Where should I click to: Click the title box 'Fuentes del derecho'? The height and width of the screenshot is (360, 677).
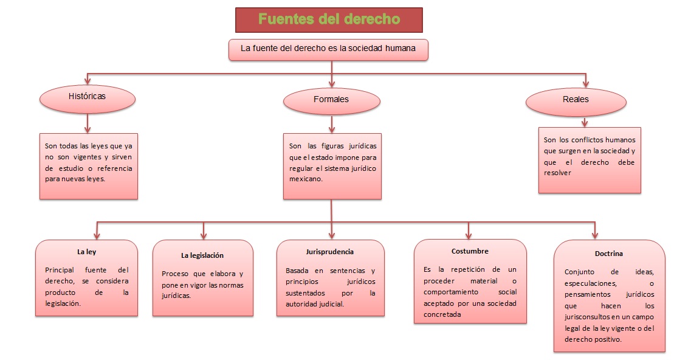coord(329,19)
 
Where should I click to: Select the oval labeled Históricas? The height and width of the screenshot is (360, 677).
coord(88,96)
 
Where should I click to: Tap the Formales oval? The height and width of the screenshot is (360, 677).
coord(332,99)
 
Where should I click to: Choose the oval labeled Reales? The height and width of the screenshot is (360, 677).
coord(575,100)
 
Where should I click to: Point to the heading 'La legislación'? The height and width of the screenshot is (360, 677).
coord(202,255)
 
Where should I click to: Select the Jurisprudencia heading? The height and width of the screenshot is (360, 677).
coord(330,252)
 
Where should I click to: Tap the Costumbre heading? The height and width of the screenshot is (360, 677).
coord(470,251)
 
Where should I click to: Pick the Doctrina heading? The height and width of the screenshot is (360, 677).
coord(608,254)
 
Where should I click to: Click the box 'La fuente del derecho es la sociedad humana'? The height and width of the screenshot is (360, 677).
coord(329,49)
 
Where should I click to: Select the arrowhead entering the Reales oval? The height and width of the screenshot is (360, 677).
coord(586,83)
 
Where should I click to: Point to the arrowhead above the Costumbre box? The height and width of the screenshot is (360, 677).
coord(469,234)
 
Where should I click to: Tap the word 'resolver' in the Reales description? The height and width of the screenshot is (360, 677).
coord(558,173)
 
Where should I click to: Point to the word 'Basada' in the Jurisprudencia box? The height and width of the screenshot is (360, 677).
coord(297,270)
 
